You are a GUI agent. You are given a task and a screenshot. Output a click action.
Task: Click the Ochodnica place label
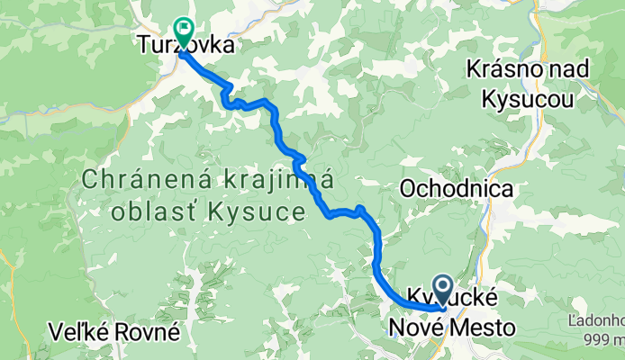(457, 189)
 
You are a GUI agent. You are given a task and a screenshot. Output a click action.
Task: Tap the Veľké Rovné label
(115, 332)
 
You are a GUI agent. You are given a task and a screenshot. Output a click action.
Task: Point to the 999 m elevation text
(604, 338)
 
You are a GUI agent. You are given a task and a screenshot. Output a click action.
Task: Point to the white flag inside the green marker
(185, 30)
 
